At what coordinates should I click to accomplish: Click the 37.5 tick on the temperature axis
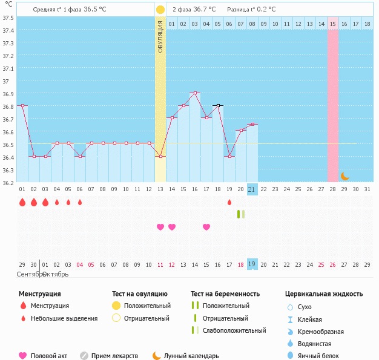[8, 18]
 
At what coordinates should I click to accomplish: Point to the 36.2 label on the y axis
[8, 183]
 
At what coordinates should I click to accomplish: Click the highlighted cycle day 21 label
[252, 189]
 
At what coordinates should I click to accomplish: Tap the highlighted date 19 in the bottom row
[252, 264]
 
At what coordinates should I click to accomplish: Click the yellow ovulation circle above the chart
[160, 10]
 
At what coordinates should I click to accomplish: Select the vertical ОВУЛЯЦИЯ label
[160, 36]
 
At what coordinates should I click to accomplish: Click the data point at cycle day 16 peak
[195, 93]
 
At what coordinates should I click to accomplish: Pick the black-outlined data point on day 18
[218, 106]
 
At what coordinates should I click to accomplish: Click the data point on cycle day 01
[22, 106]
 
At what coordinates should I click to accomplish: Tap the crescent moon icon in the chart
[344, 176]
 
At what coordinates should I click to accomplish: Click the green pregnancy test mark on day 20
[240, 214]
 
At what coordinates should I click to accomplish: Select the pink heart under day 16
[206, 227]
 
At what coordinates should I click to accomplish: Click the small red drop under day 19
[229, 202]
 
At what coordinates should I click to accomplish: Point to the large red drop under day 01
[22, 202]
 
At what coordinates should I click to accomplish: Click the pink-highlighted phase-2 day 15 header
[332, 24]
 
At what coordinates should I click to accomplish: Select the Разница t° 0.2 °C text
[251, 10]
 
